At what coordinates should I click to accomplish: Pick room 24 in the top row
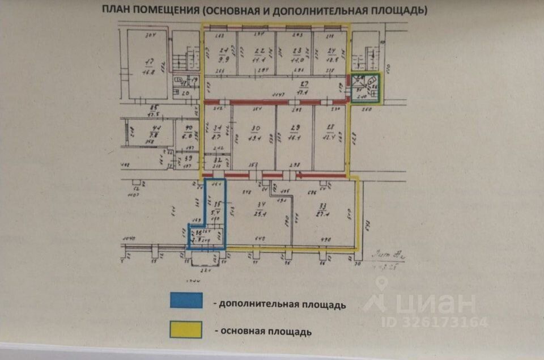tap(330, 54)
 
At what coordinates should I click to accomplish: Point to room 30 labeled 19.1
tap(254, 136)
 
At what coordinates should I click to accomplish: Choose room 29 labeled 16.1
tap(294, 136)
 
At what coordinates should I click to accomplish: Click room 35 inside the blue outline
tap(216, 207)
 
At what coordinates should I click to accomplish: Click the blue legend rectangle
tap(186, 300)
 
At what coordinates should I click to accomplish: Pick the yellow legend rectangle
tap(186, 329)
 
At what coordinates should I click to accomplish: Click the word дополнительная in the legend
tap(259, 304)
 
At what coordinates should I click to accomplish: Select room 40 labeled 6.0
tap(186, 134)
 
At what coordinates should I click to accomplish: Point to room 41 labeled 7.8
tap(148, 134)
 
